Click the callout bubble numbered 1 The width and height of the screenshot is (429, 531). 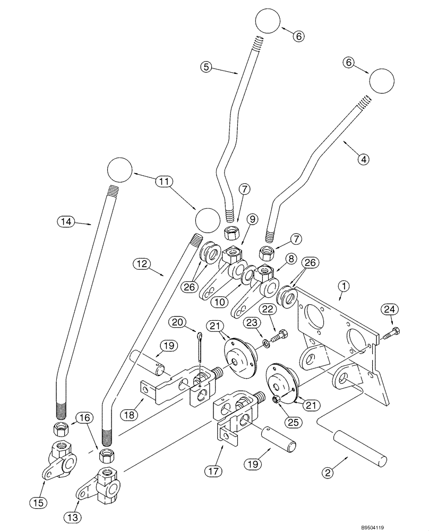click(343, 287)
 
